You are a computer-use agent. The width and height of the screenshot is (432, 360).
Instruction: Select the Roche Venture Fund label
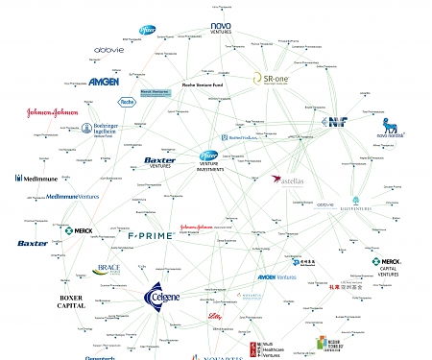click(204, 84)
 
